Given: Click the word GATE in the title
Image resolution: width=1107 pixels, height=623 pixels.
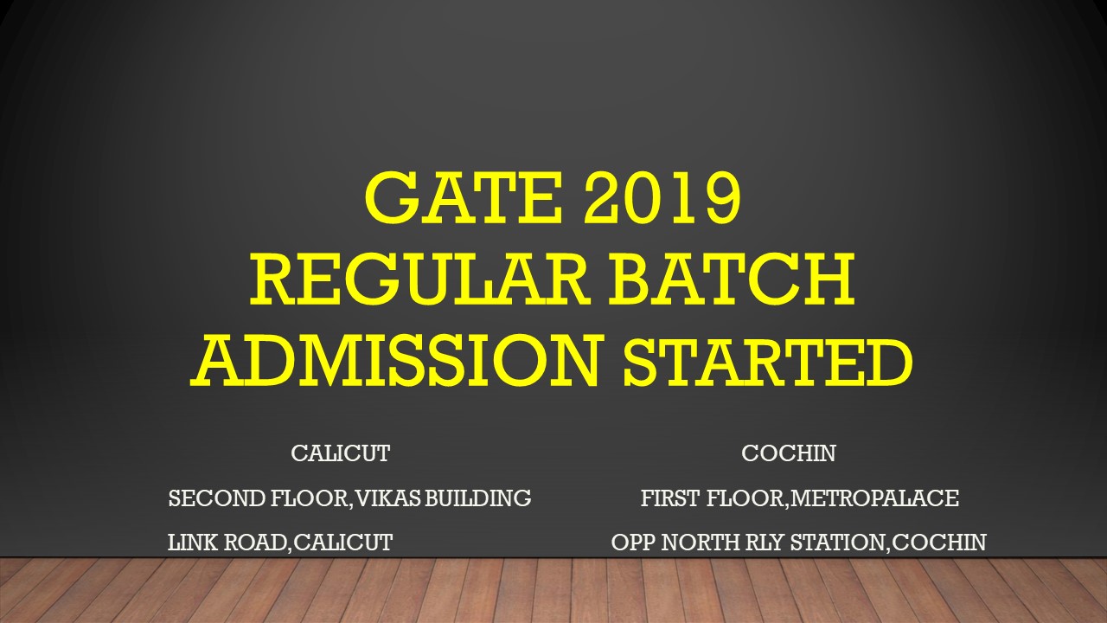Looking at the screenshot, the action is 464,196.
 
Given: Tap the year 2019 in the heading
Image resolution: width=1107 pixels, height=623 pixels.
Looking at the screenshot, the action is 662,196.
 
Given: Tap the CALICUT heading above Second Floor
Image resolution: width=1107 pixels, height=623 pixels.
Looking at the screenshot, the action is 341,453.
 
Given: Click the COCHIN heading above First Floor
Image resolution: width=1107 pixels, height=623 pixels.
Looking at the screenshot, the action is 788,453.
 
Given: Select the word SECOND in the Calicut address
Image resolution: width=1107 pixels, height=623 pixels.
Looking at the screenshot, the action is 217,498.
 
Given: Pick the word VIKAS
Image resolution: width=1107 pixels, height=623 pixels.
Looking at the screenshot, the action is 388,498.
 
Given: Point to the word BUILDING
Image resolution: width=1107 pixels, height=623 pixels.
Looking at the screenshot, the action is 478,498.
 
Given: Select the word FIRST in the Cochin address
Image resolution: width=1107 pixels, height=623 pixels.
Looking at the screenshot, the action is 669,498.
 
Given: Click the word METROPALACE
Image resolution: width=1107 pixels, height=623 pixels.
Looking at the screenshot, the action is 874,498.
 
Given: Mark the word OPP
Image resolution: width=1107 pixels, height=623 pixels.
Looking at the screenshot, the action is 633,543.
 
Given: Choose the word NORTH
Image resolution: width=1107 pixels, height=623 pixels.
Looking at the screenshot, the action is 701,543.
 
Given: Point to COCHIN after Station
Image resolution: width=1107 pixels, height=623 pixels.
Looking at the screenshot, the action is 939,543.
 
